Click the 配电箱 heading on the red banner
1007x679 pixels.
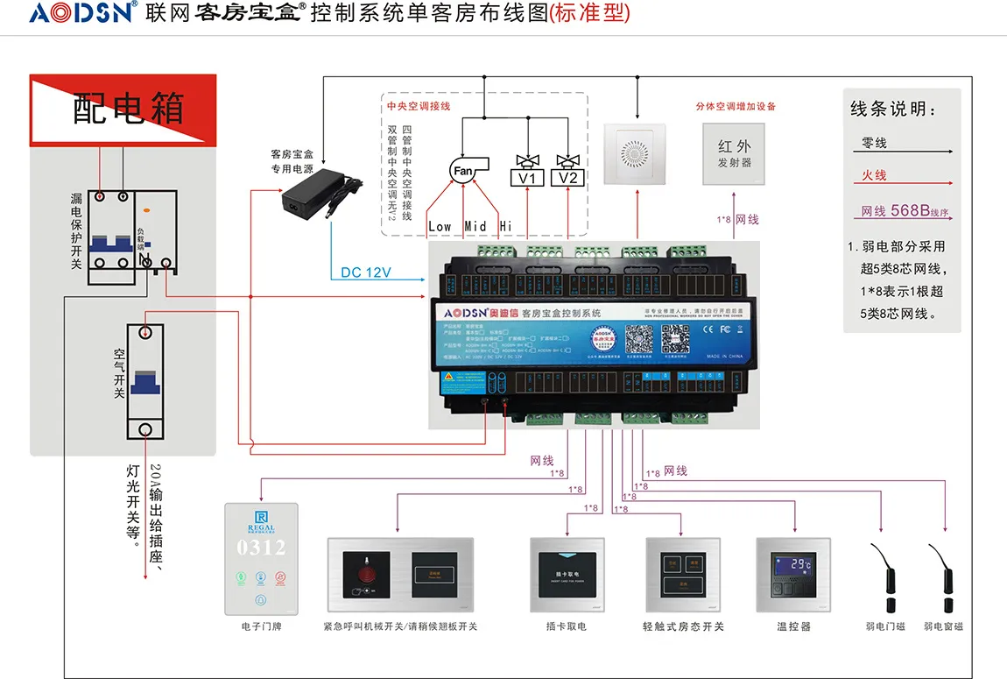click(x=128, y=108)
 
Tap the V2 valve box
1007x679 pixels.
click(x=568, y=178)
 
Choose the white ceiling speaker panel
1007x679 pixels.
click(x=637, y=154)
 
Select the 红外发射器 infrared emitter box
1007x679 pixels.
click(x=734, y=154)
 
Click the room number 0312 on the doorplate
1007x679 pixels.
click(x=261, y=548)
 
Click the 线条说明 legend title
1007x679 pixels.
click(x=893, y=110)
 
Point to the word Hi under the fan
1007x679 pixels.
click(x=505, y=227)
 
